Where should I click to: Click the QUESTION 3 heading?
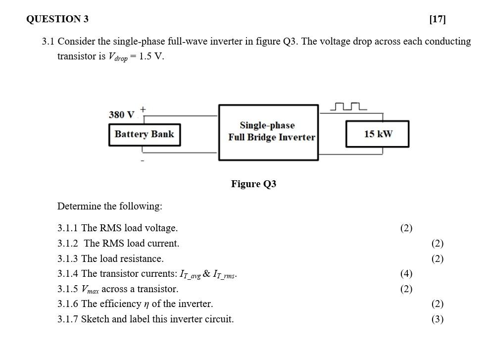[57, 19]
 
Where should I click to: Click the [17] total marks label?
[438, 19]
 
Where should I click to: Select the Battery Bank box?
[144, 134]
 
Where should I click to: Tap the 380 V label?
[121, 115]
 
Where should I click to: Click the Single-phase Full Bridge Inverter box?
[268, 132]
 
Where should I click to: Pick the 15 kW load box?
[377, 134]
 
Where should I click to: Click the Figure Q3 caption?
[253, 184]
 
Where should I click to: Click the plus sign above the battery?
[143, 108]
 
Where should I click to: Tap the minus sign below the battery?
[143, 160]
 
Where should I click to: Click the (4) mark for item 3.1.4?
[406, 274]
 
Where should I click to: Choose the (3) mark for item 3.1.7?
[437, 319]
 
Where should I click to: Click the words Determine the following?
[109, 206]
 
